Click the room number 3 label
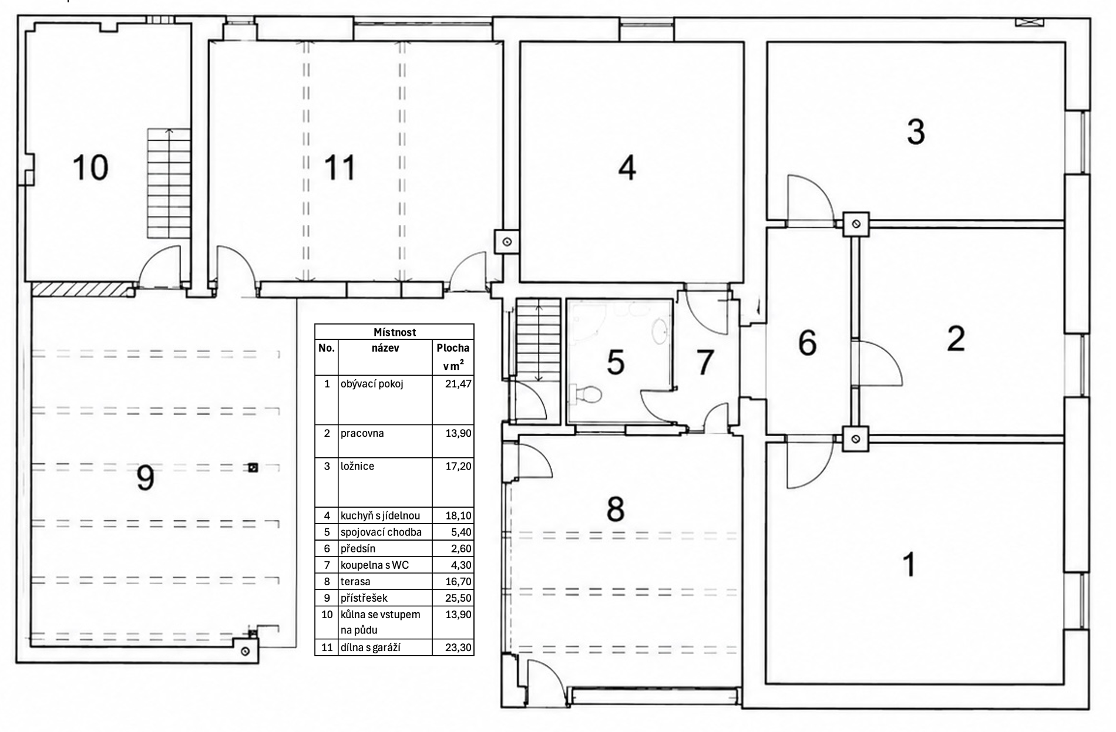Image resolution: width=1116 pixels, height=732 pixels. click(x=916, y=132)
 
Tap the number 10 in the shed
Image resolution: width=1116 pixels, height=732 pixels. click(x=90, y=167)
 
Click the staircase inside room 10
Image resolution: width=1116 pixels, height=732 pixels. click(x=169, y=183)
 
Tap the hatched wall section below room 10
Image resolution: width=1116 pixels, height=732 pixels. click(x=81, y=289)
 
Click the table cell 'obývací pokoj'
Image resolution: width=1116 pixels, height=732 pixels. click(x=372, y=384)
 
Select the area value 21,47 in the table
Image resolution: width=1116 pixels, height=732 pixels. click(x=459, y=384)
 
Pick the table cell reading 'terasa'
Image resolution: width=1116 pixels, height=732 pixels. click(x=355, y=582)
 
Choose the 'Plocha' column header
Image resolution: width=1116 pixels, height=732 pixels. click(x=453, y=348)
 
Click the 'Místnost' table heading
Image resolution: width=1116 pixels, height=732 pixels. click(x=395, y=332)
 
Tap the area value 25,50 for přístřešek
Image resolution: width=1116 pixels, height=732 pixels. click(x=459, y=598)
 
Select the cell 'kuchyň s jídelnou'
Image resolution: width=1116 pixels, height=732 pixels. click(x=380, y=516)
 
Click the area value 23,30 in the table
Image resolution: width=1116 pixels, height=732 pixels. click(x=459, y=647)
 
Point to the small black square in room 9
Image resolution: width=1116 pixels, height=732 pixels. click(x=253, y=468)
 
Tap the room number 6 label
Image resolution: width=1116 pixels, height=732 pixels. click(x=807, y=343)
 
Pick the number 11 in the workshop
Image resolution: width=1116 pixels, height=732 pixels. click(x=339, y=168)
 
